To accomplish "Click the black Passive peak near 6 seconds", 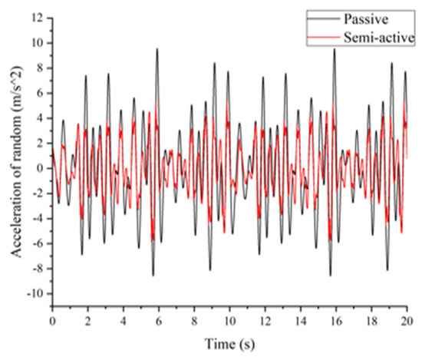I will tap(157, 49).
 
